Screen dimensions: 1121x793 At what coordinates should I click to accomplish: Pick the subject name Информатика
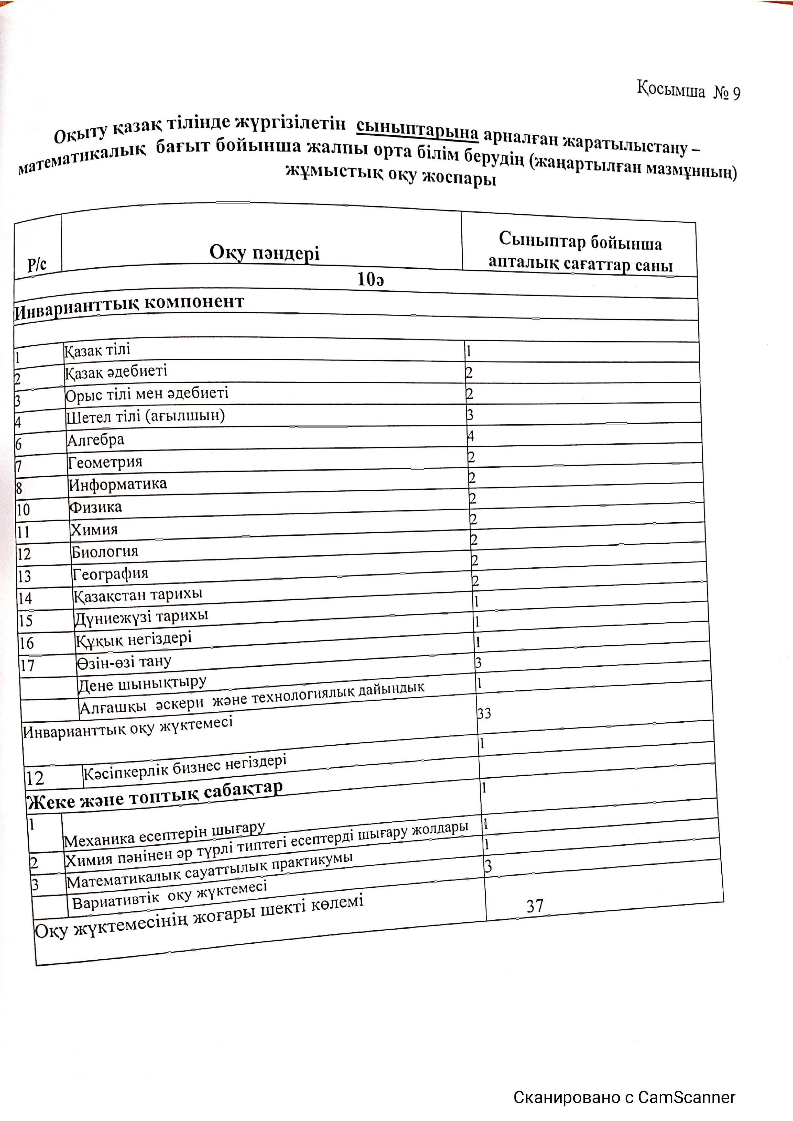(x=118, y=484)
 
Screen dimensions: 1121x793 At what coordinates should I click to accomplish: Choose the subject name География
(x=110, y=574)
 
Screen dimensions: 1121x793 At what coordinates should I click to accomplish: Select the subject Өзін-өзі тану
(x=124, y=662)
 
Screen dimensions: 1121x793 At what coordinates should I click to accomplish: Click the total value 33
(x=484, y=714)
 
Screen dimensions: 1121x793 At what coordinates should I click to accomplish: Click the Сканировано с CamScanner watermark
(x=624, y=1097)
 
